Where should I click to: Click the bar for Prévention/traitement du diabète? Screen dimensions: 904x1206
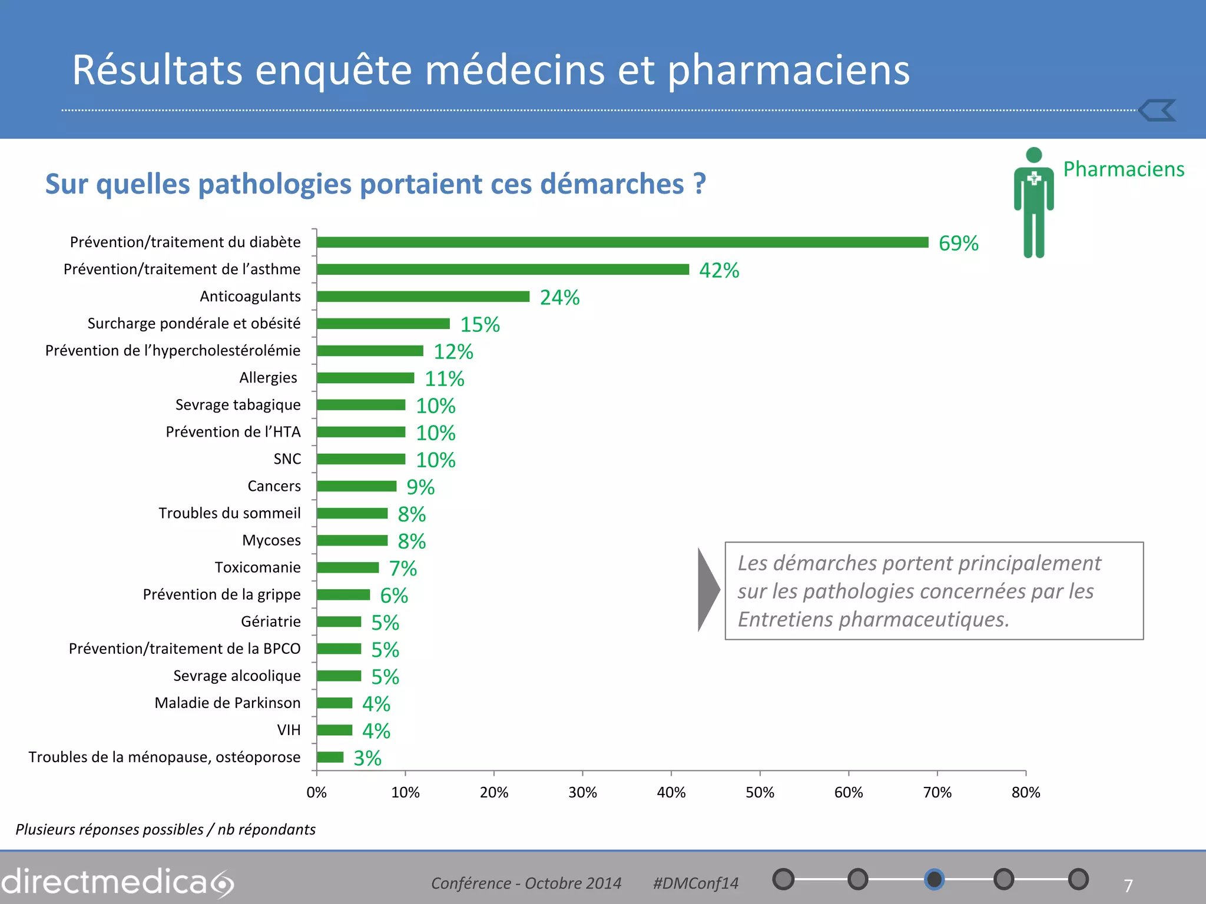tap(622, 242)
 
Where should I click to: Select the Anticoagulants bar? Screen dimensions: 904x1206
tap(423, 297)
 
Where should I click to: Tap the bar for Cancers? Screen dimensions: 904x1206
tap(356, 486)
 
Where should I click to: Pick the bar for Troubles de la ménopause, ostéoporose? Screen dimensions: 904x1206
tap(330, 757)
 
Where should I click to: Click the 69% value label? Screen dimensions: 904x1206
tap(958, 243)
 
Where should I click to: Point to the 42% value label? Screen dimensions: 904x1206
tap(718, 270)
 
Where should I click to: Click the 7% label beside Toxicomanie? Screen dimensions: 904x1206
tap(403, 569)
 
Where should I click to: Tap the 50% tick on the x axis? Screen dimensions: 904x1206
tap(760, 793)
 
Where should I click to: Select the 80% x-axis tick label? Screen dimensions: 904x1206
tap(1026, 793)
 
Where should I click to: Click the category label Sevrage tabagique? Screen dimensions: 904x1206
tap(238, 405)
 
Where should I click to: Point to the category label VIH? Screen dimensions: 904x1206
tap(289, 730)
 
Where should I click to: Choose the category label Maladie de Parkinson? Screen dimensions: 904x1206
tap(227, 703)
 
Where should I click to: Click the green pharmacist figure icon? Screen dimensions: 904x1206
tap(1033, 203)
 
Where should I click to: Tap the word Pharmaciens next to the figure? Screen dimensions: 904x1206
tap(1124, 169)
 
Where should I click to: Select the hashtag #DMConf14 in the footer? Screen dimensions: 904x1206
tap(695, 883)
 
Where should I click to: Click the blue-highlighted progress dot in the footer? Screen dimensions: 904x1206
tap(934, 879)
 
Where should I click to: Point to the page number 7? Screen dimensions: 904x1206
tap(1128, 886)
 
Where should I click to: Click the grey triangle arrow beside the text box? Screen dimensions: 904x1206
tap(708, 590)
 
